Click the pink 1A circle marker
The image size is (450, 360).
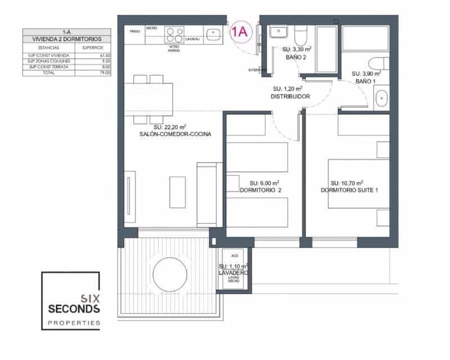click(240, 32)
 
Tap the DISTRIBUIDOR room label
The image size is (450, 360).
click(290, 97)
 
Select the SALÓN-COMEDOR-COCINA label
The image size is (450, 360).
click(168, 134)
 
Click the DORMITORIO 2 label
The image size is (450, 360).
click(260, 190)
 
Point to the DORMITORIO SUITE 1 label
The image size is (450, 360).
click(349, 190)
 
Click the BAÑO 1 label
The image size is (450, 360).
click(366, 82)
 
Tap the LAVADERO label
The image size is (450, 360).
click(233, 272)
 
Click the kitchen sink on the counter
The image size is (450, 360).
click(213, 34)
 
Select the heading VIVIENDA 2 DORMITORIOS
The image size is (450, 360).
click(67, 38)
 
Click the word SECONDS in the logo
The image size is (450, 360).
click(74, 309)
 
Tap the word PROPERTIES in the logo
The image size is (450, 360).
click(74, 323)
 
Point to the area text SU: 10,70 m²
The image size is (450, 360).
click(346, 183)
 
